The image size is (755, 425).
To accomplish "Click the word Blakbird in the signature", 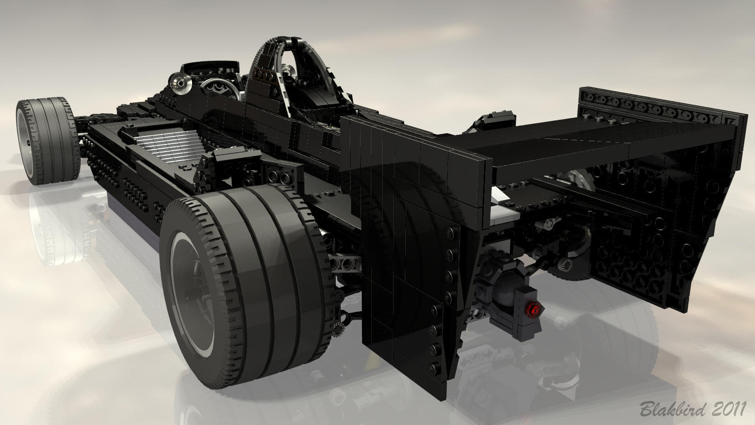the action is tap(673, 409).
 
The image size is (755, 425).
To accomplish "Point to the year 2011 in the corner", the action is tap(729, 409).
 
